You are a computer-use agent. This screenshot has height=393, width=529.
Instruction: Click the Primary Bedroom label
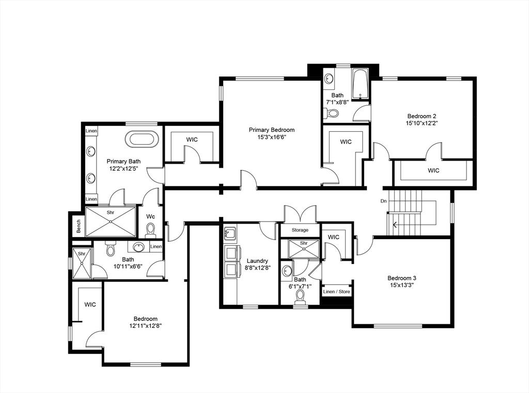(271, 130)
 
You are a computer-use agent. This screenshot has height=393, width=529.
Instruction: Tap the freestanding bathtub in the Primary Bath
(143, 139)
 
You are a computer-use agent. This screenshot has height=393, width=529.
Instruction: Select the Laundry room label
(257, 261)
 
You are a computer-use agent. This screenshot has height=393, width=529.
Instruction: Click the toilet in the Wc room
(150, 229)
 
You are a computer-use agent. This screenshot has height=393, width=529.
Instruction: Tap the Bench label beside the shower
(79, 226)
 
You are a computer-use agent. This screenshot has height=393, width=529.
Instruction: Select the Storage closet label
(300, 230)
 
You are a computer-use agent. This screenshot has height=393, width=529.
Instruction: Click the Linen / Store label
(336, 292)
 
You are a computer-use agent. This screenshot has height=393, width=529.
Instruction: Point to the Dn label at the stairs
(383, 201)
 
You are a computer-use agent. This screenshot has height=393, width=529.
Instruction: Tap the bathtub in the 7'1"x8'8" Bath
(360, 85)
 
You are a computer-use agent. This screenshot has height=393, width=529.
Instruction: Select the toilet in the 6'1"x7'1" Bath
(300, 296)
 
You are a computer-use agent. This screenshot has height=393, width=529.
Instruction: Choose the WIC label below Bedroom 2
(433, 170)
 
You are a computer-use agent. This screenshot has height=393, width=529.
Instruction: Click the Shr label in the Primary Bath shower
(111, 212)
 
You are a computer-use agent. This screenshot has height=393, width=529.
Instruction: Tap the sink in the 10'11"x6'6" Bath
(138, 247)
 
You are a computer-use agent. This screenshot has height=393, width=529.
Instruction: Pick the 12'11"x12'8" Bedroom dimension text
(145, 326)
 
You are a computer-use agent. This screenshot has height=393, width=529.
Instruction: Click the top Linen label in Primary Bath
(91, 131)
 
